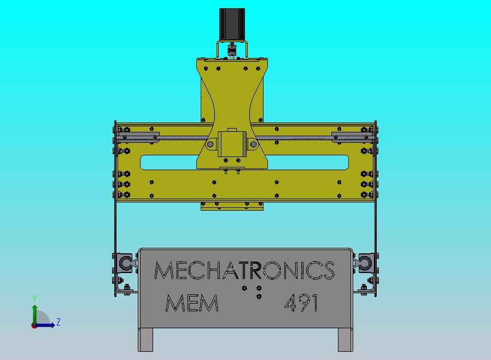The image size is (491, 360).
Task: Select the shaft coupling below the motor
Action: [232, 52]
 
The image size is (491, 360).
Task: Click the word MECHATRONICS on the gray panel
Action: [244, 270]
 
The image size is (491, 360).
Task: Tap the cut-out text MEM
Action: [191, 303]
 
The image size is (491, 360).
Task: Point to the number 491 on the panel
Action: [301, 303]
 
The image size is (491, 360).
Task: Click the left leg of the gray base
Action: [145, 339]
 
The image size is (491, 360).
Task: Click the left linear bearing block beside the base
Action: [125, 263]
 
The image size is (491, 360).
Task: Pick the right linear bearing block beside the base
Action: [365, 263]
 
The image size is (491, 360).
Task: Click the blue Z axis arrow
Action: [47, 325]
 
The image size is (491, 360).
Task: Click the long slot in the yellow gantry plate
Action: [244, 162]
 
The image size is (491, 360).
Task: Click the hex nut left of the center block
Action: [211, 144]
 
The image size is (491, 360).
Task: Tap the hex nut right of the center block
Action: [253, 144]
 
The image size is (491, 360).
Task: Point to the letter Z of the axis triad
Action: [59, 322]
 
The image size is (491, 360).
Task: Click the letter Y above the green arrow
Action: [34, 299]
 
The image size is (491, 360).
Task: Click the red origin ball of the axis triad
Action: [34, 325]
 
